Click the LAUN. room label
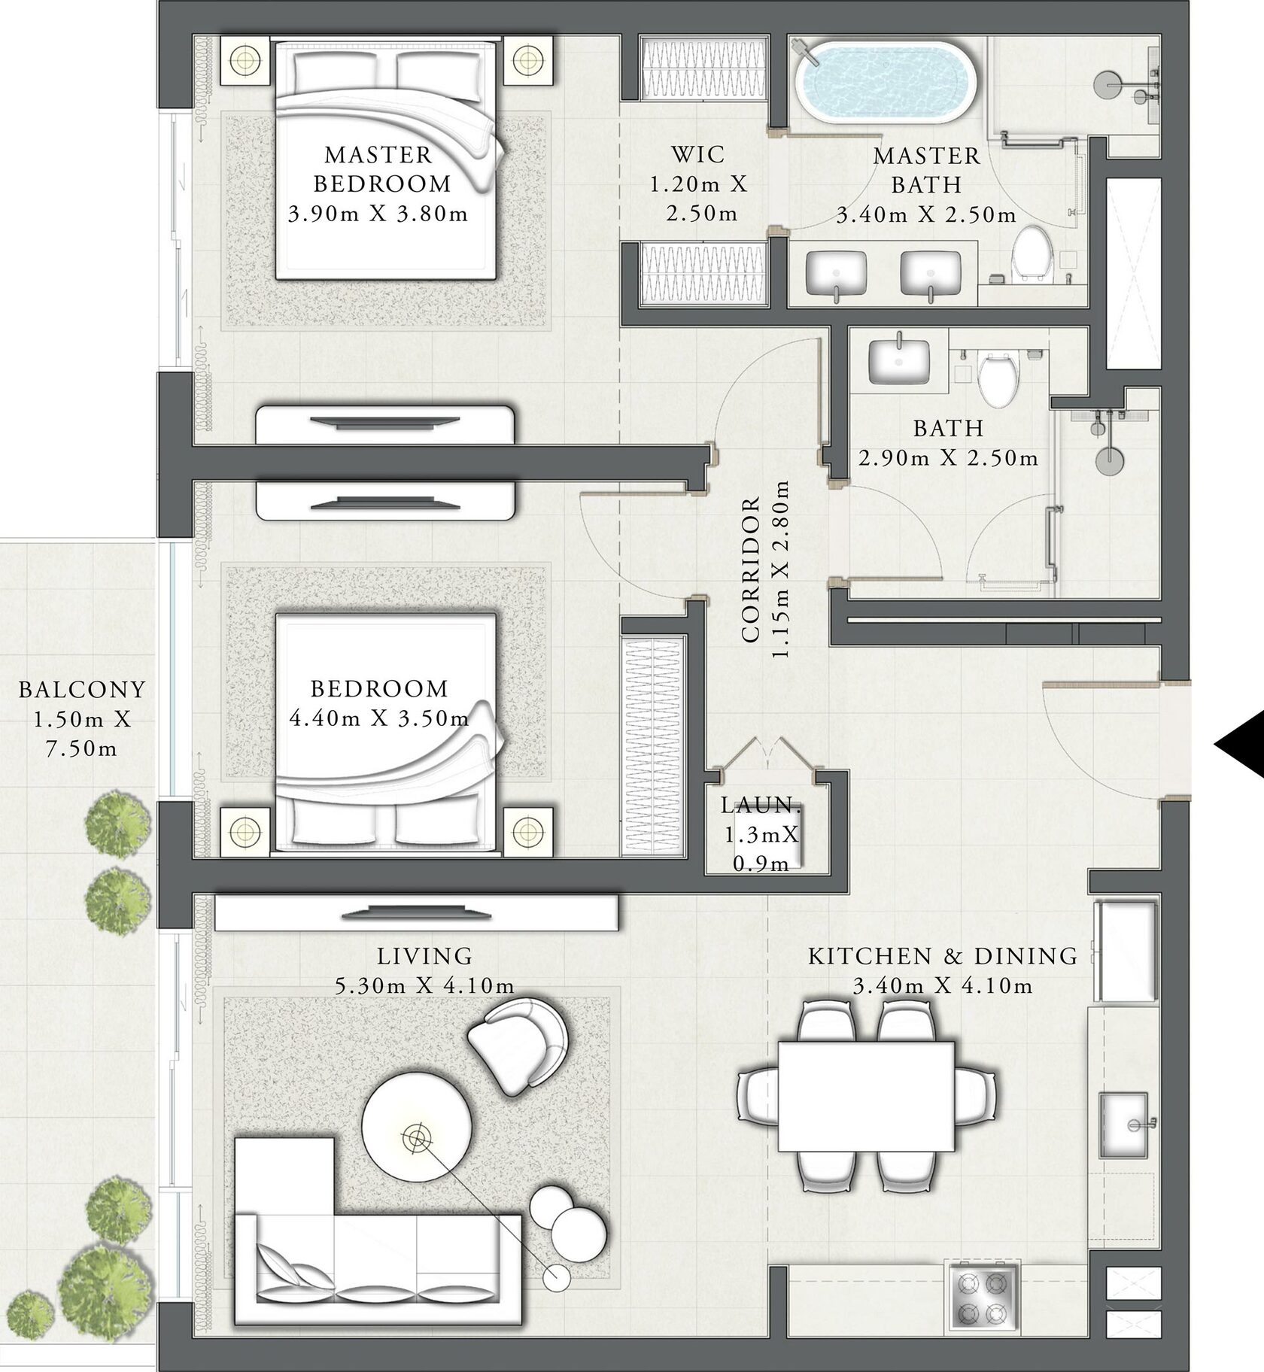coord(760,805)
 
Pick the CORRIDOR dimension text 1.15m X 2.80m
coord(781,570)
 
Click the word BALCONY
coord(82,689)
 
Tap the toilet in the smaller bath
coord(998,377)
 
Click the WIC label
coord(698,155)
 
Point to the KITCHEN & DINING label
coord(943,956)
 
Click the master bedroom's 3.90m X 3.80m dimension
coord(378,214)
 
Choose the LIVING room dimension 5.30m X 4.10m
coord(425,985)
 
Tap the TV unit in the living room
coord(416,913)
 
